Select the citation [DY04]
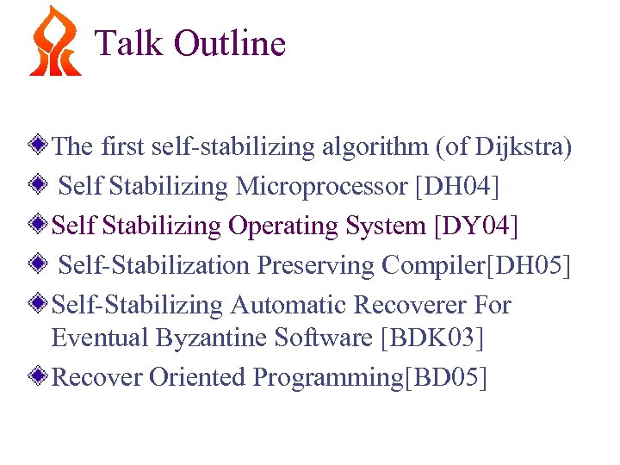pos(476,226)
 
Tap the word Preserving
pos(318,266)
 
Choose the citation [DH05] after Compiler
pos(529,266)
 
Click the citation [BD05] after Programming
pos(445,377)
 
